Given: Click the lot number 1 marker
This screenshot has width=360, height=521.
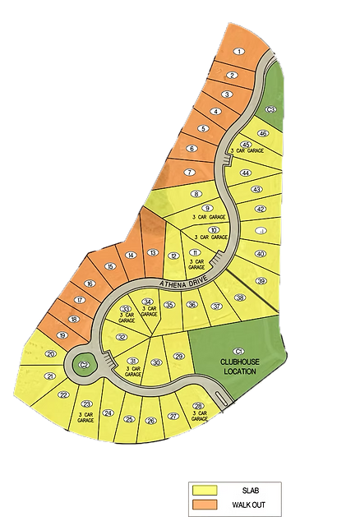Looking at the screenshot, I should (238, 52).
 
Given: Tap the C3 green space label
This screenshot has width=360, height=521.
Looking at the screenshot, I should (271, 109).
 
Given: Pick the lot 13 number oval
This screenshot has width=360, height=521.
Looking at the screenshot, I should (152, 252).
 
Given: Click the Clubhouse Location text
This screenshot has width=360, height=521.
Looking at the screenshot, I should (240, 365).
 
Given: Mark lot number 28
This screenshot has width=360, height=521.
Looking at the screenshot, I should (197, 407).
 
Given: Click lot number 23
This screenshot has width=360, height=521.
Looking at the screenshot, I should (86, 403).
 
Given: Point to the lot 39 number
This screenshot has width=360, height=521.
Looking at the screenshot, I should (262, 281).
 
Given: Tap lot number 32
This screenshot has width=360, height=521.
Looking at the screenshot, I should (122, 337).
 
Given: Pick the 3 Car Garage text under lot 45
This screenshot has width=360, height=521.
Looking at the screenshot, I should (247, 152).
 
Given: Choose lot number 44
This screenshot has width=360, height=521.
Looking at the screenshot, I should (245, 173).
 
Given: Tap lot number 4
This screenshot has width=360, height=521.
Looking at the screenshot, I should (216, 111).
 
